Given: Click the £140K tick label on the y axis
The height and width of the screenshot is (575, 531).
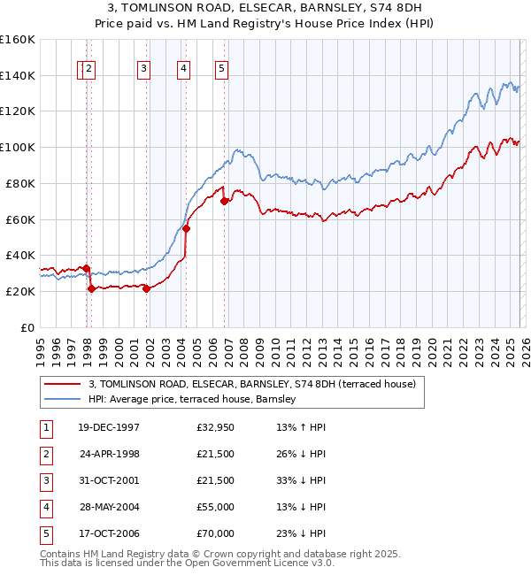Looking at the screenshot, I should click(x=18, y=75).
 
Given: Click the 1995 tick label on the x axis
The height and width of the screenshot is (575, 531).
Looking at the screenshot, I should click(x=41, y=344).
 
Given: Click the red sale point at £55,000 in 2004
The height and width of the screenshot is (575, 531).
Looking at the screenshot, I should click(x=187, y=228).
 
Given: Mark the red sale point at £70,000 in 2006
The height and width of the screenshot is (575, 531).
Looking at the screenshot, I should click(x=225, y=201).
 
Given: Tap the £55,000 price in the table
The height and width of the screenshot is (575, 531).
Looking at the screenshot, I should click(x=215, y=508).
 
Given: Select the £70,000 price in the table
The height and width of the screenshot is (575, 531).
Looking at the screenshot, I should click(x=215, y=534).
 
